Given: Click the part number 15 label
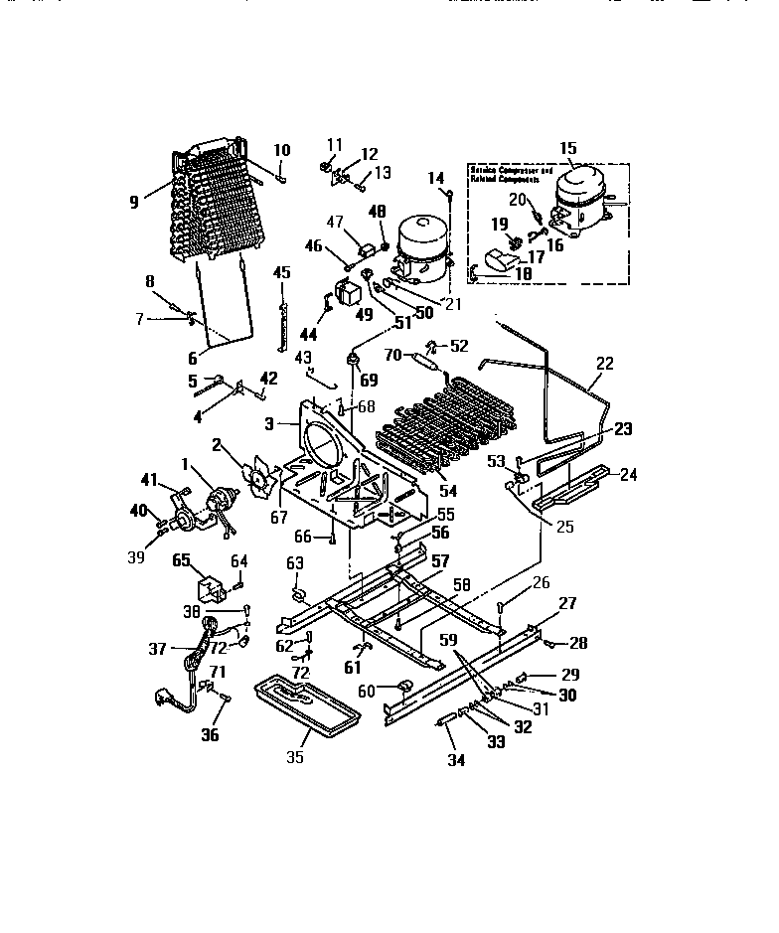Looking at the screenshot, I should pyautogui.click(x=567, y=149).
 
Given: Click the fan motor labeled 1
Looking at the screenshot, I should pyautogui.click(x=217, y=500).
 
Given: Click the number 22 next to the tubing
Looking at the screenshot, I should pyautogui.click(x=606, y=364).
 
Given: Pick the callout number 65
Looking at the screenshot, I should pyautogui.click(x=183, y=560).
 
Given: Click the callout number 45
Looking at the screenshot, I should pyautogui.click(x=282, y=272).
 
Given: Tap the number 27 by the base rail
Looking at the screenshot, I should pyautogui.click(x=567, y=603).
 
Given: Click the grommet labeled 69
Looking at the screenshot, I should pyautogui.click(x=351, y=359).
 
